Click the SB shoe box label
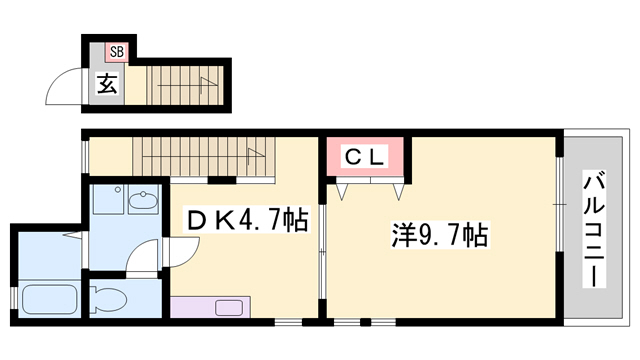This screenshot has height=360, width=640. [117, 52]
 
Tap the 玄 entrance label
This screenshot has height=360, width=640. [107, 83]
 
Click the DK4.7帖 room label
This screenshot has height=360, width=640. [247, 220]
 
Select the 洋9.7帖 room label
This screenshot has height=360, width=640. [440, 234]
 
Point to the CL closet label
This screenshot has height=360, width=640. [365, 157]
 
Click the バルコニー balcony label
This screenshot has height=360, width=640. [594, 229]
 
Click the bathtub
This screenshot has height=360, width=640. [49, 299]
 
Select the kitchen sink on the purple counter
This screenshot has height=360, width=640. [229, 308]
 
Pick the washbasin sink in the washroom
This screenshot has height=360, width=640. [143, 200]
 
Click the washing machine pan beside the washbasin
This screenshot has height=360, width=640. [108, 199]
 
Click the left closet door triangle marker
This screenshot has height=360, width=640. [342, 192]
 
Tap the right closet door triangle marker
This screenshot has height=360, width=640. [399, 192]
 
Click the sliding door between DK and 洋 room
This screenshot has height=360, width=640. [322, 251]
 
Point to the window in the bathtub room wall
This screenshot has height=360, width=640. [13, 299]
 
